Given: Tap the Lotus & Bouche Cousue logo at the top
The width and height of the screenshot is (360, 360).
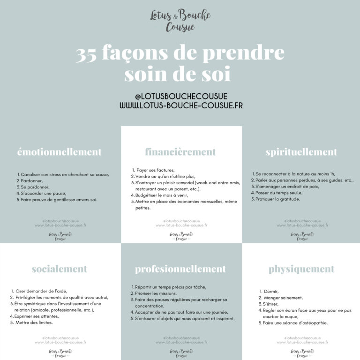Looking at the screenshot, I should pos(180,21).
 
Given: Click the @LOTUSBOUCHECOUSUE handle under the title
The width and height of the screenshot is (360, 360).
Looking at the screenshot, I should pos(180,96).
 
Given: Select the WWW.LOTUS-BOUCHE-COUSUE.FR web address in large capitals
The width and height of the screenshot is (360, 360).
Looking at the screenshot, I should pos(180,105).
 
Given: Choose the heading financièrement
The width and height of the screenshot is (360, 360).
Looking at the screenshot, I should pos(180,152).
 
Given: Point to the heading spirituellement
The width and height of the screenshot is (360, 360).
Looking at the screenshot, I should pos(301,152).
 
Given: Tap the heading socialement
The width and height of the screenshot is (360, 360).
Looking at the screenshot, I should pos(60,269).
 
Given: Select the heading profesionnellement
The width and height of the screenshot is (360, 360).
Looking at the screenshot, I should pos(180,269).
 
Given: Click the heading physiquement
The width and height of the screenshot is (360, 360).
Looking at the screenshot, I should pos(301,269).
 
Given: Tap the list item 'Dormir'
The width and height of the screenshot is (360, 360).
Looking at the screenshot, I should pos(271,291).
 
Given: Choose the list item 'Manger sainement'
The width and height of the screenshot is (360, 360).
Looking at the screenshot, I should pos(283,298).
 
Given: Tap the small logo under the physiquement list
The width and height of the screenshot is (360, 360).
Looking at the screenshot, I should pos(301,352).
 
